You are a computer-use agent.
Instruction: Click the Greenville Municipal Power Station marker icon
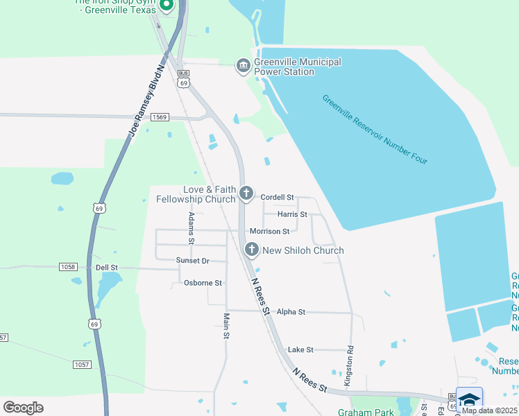click(x=243, y=67)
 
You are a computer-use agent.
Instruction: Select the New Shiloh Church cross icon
click(x=251, y=250)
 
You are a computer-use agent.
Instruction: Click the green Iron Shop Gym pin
click(x=166, y=6)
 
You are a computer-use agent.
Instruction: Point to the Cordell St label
click(x=278, y=198)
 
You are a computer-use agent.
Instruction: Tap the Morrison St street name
click(x=269, y=231)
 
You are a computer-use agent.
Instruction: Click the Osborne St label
click(x=203, y=283)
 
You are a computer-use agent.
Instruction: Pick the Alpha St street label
click(x=291, y=312)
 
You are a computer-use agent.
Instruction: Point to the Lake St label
click(x=300, y=350)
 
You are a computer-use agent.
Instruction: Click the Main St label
click(x=226, y=326)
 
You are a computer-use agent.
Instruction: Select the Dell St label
click(x=107, y=267)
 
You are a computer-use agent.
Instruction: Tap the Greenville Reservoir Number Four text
click(x=375, y=129)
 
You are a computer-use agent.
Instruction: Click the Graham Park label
click(x=365, y=411)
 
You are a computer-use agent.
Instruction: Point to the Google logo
click(x=23, y=408)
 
